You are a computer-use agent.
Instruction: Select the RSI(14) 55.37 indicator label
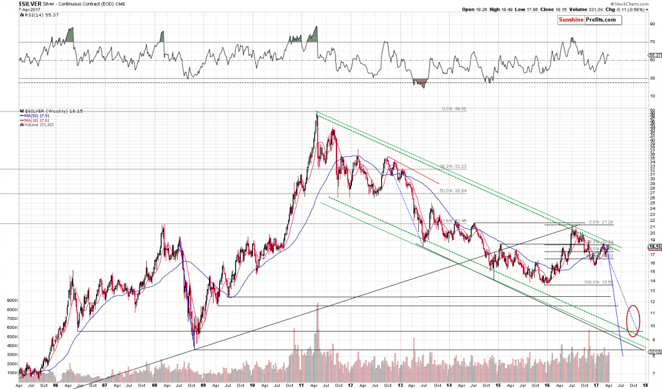point(35,15)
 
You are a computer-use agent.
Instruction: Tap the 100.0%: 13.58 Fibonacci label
point(598,283)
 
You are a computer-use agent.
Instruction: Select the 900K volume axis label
point(12,301)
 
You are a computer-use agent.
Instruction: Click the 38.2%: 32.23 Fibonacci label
point(453,166)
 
